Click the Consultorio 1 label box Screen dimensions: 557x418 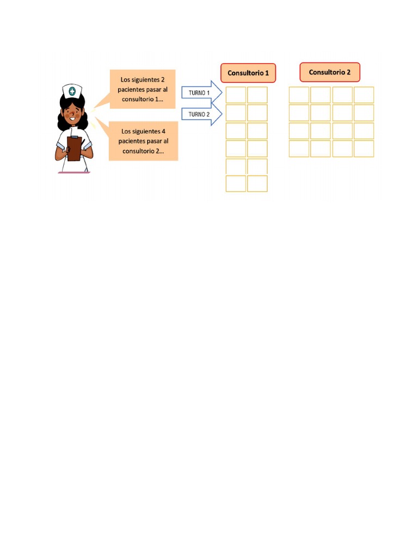coord(248,73)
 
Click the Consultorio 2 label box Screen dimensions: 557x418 coord(329,72)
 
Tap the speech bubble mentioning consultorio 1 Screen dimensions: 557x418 coord(143,89)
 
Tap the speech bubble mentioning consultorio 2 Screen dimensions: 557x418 coord(143,141)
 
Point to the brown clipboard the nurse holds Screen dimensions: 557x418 coord(74,148)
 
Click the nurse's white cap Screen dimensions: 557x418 coord(72,91)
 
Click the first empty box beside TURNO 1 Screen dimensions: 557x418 coord(236,95)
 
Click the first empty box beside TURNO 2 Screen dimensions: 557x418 coord(236,113)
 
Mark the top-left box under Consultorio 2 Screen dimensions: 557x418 coord(299,95)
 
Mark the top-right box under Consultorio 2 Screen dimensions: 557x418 coord(364,95)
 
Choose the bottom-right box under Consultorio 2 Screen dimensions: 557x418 coord(364,148)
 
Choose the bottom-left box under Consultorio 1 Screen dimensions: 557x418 coord(236,184)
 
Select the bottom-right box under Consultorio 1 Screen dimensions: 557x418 coord(257,184)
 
